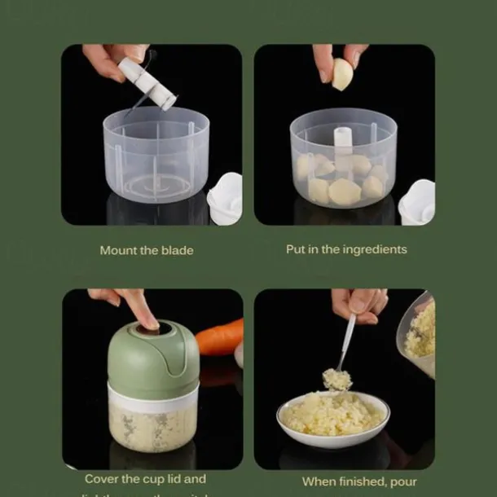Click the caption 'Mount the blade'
147,250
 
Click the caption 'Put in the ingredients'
346,249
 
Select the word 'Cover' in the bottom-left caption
102,479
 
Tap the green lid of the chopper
153,358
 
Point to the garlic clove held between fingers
342,74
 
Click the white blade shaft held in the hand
147,81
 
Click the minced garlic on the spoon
336,379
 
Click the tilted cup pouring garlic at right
417,334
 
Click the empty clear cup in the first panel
156,155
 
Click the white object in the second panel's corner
417,201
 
